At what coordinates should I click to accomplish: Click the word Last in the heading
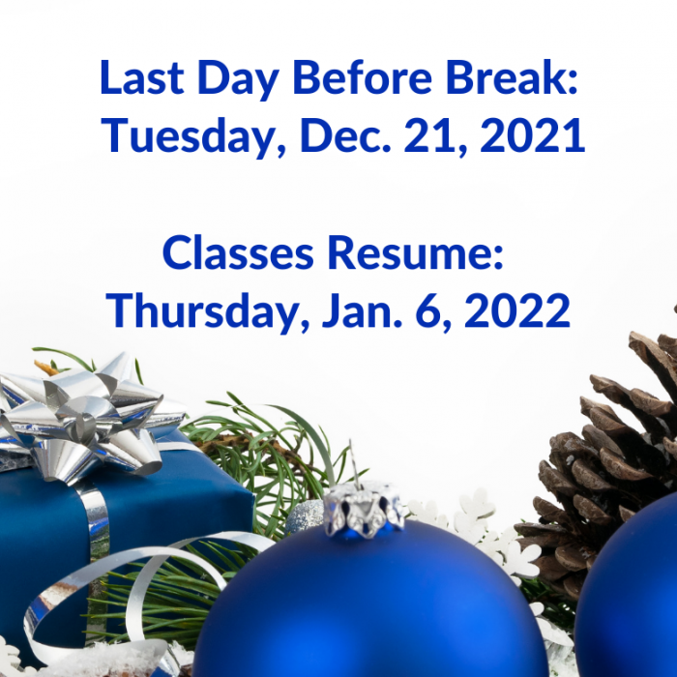(142, 77)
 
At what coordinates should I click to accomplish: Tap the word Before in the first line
(363, 77)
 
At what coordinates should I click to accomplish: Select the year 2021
(533, 135)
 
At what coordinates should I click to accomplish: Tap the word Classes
(238, 253)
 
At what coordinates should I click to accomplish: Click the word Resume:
(415, 253)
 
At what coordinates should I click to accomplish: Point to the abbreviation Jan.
(363, 311)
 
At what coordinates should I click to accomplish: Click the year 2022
(517, 311)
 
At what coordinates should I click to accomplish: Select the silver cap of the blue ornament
(364, 510)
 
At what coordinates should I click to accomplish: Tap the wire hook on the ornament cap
(354, 463)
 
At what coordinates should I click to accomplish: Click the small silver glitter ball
(305, 516)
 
